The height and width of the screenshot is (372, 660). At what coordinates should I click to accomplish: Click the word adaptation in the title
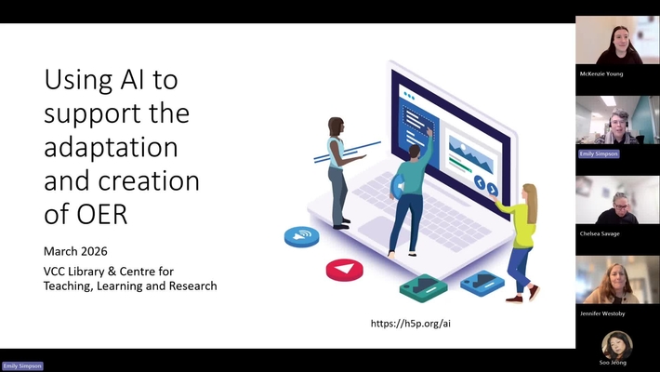(x=111, y=147)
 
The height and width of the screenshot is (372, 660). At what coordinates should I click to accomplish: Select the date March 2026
(x=76, y=252)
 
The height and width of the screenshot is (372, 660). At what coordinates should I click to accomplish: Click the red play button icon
(x=344, y=270)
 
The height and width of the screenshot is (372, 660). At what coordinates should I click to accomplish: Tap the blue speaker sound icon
(x=301, y=237)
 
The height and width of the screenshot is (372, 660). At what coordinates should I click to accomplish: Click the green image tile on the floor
(x=423, y=286)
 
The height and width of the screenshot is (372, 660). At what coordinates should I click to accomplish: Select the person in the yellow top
(x=520, y=240)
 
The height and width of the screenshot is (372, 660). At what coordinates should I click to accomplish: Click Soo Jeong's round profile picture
(x=616, y=345)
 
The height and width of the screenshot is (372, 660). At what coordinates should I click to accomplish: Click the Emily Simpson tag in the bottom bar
(x=22, y=366)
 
